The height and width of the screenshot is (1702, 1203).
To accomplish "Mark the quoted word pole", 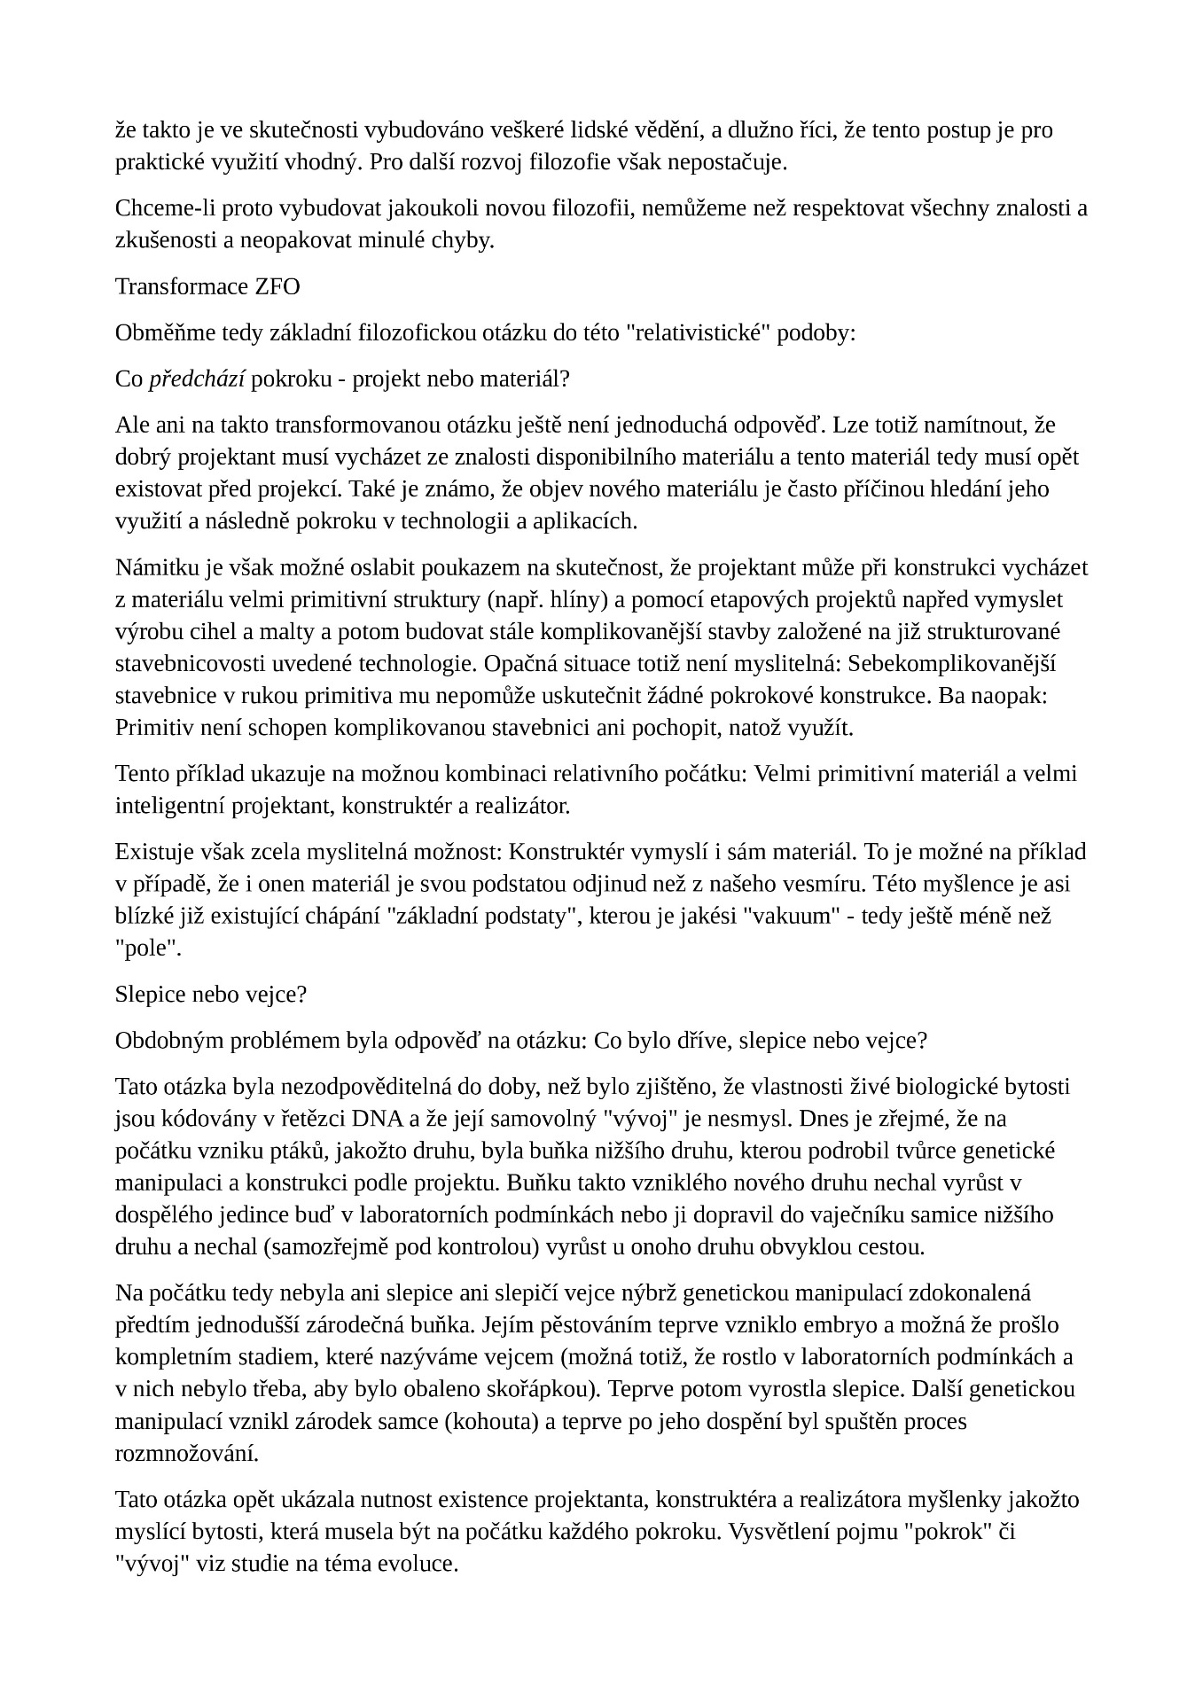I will (147, 948).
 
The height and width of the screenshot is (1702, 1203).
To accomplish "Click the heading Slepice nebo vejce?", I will (210, 994).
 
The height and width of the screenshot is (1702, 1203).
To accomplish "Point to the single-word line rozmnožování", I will (186, 1453).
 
